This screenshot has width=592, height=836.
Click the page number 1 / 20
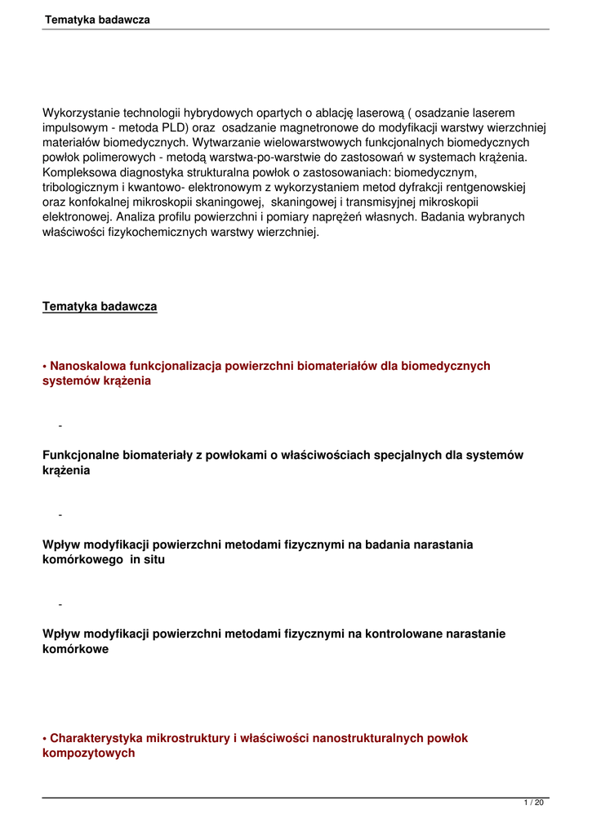tap(534, 803)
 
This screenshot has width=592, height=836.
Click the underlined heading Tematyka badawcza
tap(100, 306)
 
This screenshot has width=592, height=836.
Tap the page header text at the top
tap(97, 19)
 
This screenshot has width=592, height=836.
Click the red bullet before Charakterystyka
tap(45, 738)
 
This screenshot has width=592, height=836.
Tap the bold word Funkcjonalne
tap(81, 455)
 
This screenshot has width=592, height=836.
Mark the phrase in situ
tap(148, 559)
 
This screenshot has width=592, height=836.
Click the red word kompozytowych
tap(88, 754)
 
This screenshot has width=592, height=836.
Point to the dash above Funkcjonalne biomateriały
tap(60, 425)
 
